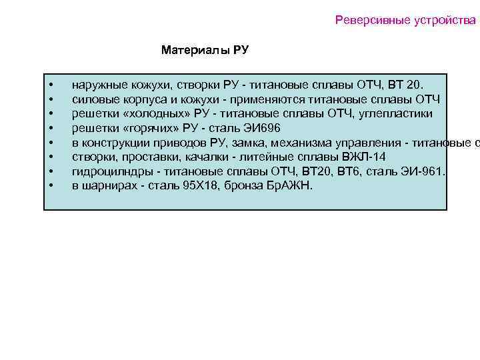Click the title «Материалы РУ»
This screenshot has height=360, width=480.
click(205, 50)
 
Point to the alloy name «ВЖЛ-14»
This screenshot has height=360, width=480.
click(363, 157)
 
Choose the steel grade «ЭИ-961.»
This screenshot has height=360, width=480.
click(423, 171)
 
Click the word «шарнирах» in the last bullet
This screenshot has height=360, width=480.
click(107, 185)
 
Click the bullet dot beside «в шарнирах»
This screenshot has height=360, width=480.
click(51, 185)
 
